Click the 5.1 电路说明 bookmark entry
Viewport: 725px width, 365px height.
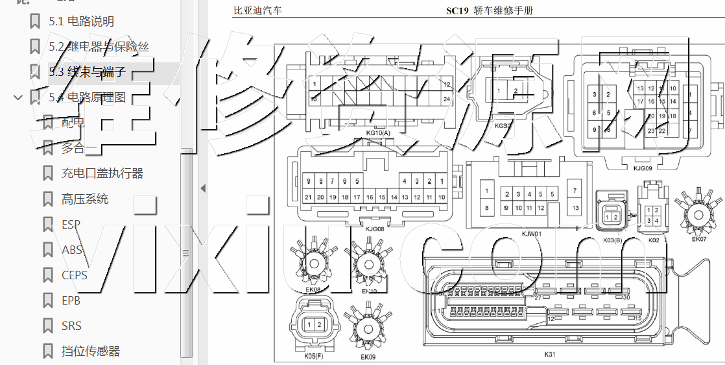click(81, 21)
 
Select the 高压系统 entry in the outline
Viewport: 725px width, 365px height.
click(85, 199)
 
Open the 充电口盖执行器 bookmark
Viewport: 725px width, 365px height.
click(102, 173)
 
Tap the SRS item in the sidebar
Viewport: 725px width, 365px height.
click(71, 325)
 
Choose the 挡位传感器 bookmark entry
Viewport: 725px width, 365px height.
click(91, 351)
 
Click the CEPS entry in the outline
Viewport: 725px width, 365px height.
click(74, 275)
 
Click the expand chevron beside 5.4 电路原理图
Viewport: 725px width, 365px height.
click(18, 97)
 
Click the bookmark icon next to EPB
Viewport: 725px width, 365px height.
click(48, 301)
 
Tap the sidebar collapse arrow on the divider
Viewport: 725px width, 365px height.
click(202, 188)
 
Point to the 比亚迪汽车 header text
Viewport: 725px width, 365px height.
click(257, 11)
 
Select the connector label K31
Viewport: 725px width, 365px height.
click(550, 355)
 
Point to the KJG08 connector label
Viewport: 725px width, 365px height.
click(375, 228)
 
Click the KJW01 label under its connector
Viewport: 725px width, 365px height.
click(532, 233)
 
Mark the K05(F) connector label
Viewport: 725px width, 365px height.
click(313, 356)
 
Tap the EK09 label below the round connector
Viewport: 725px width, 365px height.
click(368, 357)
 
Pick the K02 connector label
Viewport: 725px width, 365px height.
click(654, 240)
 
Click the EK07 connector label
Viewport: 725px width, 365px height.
click(699, 239)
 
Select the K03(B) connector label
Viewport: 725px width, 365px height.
click(612, 240)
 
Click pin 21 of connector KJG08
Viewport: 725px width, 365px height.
click(309, 197)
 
